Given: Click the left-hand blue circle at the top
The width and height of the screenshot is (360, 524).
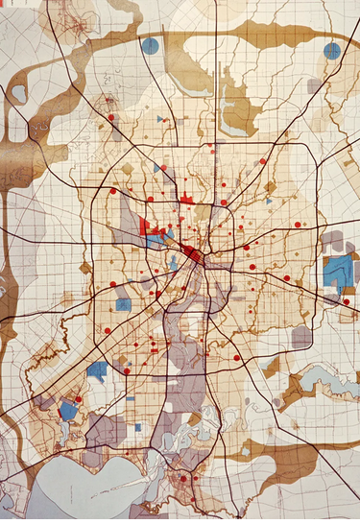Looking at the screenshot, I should (x=150, y=45).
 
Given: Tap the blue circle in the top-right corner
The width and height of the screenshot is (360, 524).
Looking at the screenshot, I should (x=332, y=51).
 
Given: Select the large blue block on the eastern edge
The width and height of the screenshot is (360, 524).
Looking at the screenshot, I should (x=336, y=273).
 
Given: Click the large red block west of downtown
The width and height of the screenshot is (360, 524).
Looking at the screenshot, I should (x=147, y=227).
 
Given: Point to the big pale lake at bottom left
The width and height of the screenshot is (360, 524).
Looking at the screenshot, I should (x=77, y=489).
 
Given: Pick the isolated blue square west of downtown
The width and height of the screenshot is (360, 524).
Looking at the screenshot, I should (x=123, y=304).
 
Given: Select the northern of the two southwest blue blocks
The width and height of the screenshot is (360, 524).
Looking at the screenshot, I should (x=97, y=369).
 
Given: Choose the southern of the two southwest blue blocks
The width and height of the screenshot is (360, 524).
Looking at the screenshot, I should (x=68, y=410).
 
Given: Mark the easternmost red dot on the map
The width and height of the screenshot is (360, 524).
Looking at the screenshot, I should (x=347, y=302).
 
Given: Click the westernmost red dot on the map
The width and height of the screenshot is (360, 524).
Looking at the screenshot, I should (x=79, y=399).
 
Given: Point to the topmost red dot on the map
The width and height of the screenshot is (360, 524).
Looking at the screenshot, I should (x=111, y=117).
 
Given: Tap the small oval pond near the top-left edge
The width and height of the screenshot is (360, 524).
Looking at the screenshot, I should (x=19, y=93).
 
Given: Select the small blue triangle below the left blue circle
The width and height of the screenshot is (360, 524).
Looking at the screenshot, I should (x=160, y=119).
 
